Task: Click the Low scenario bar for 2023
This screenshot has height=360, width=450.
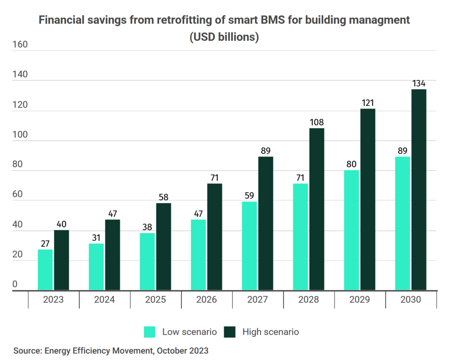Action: point(45,270)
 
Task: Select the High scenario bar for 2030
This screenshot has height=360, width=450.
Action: point(419,190)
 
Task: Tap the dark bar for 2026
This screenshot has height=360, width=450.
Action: point(214,237)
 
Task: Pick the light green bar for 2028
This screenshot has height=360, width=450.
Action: point(301,237)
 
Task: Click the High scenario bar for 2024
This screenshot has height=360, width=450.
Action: point(112,255)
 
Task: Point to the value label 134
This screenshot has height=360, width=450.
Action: point(419,83)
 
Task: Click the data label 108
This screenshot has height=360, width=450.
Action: point(316,122)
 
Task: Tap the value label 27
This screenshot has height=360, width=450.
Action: point(45,244)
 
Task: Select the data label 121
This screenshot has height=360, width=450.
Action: point(368,103)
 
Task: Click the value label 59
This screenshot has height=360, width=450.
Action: point(249,196)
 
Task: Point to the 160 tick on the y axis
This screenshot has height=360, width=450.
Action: point(20,44)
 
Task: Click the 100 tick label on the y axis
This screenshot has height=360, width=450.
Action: point(20,135)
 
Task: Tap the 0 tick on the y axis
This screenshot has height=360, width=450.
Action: point(15,284)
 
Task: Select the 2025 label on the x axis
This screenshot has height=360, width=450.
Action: point(155,299)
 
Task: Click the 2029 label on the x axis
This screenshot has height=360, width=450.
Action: point(359,299)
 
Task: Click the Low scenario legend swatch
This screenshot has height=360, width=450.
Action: point(149,332)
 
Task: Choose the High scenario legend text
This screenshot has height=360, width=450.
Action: point(271,332)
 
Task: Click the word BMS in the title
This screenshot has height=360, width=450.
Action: point(272,20)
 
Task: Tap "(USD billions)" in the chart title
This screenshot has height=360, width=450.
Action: point(224,37)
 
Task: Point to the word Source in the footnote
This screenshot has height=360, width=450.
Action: point(28,350)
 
